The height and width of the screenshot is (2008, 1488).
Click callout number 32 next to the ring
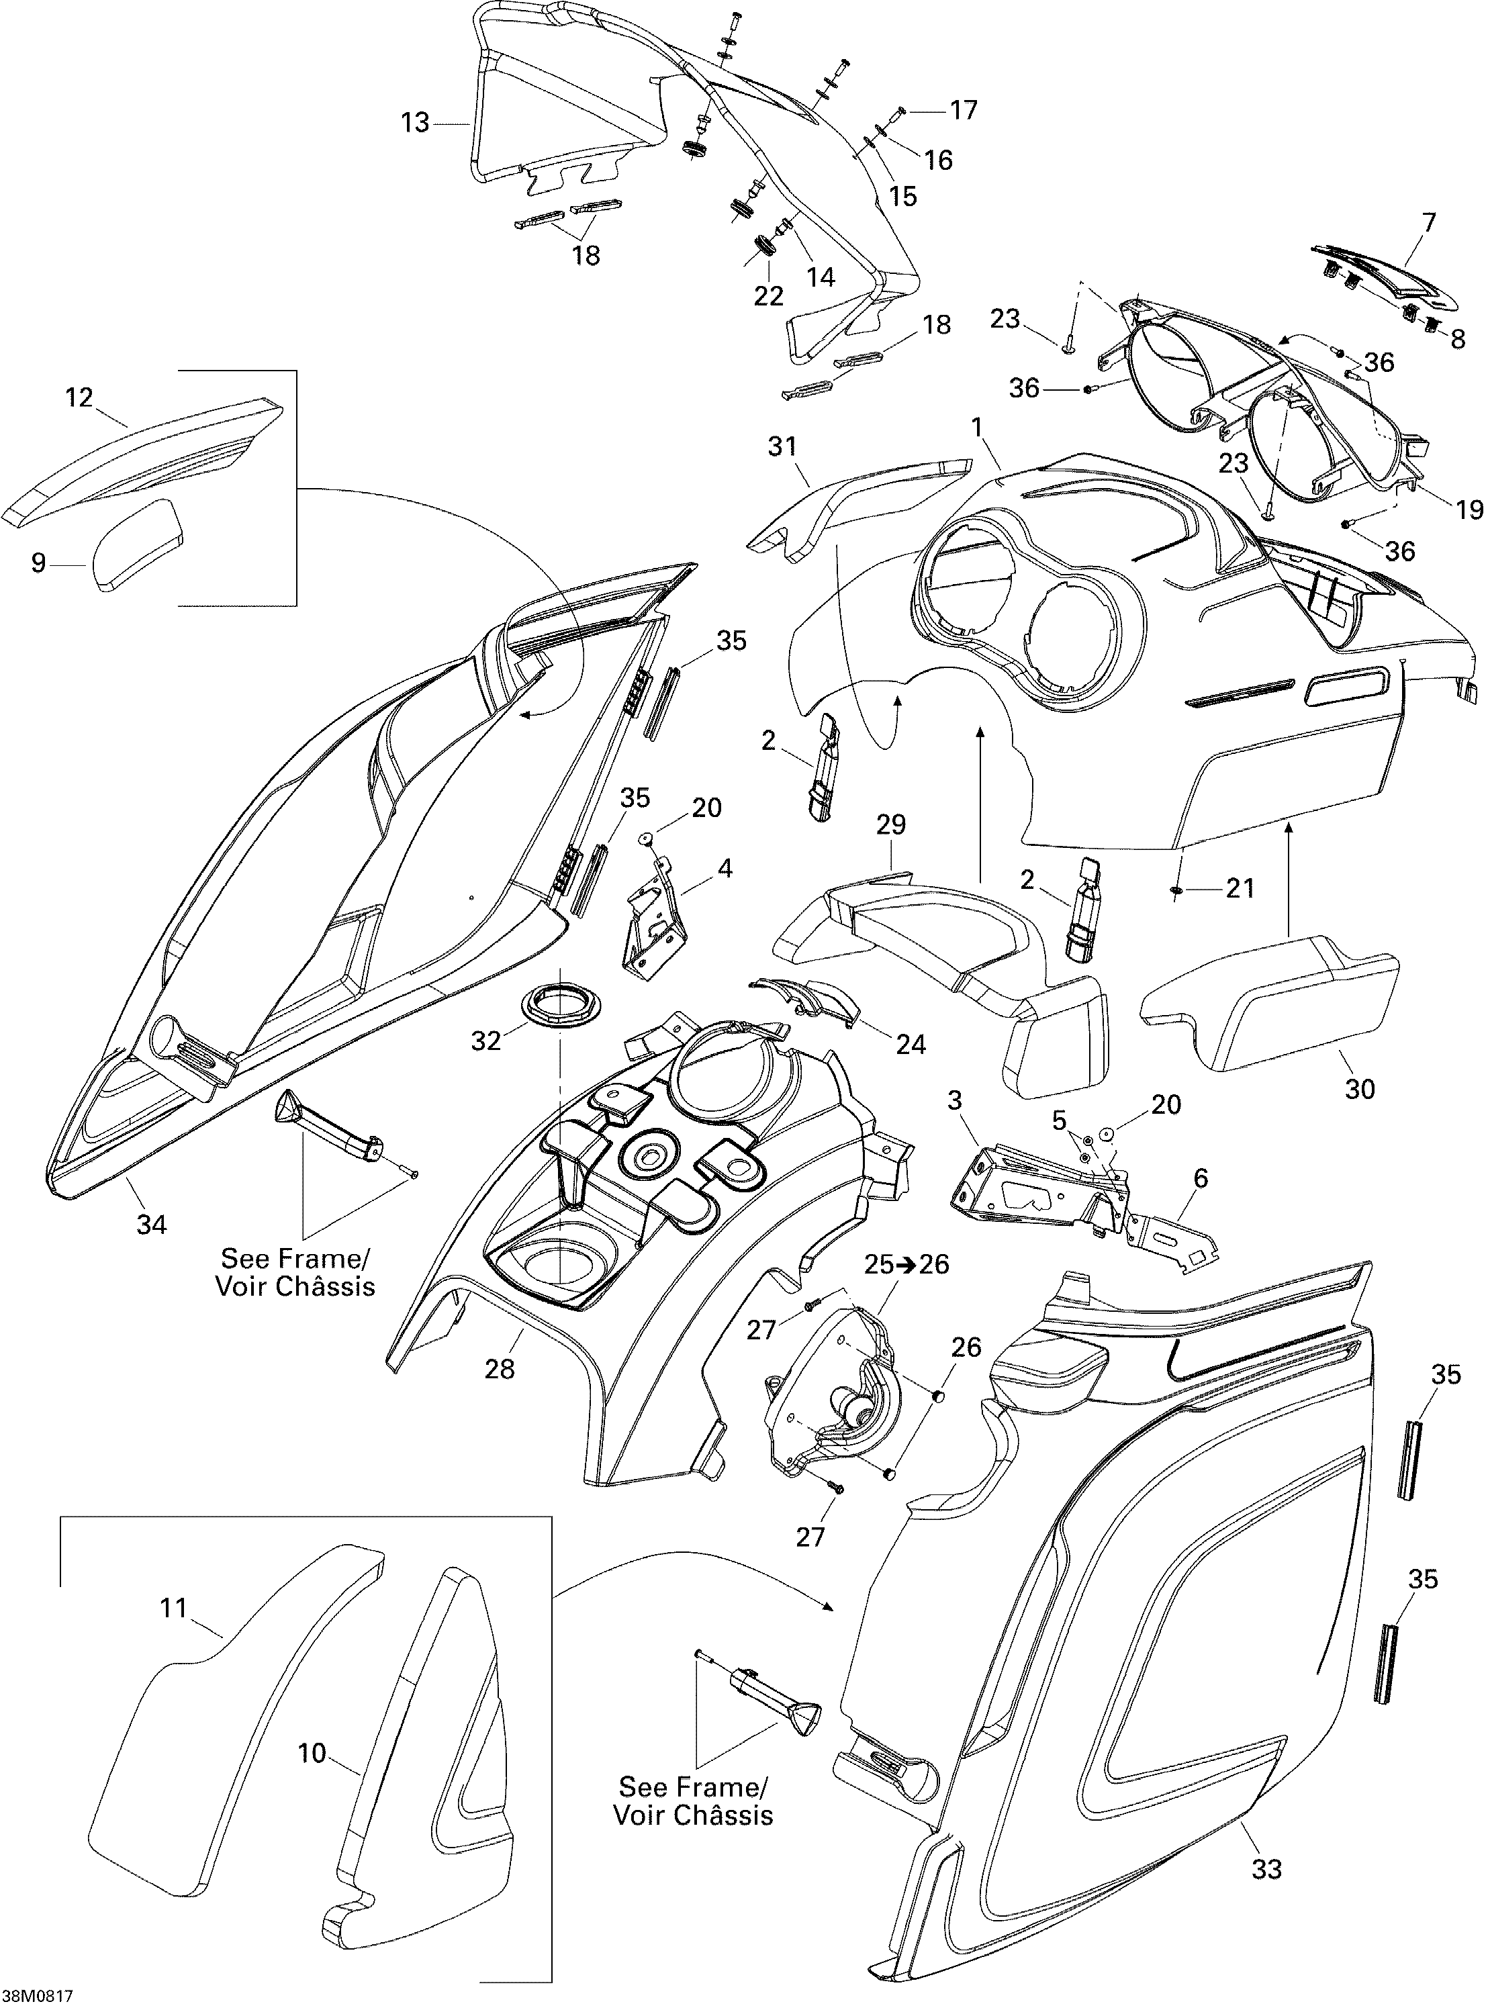[x=486, y=1041]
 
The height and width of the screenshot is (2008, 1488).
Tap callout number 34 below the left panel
[x=151, y=1224]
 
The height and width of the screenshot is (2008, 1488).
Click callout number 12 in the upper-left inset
[x=79, y=397]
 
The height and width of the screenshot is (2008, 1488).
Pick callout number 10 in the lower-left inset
[x=312, y=1753]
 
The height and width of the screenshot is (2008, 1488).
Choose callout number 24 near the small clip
[x=911, y=1044]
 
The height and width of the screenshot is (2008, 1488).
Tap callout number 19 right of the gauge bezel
[x=1469, y=510]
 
